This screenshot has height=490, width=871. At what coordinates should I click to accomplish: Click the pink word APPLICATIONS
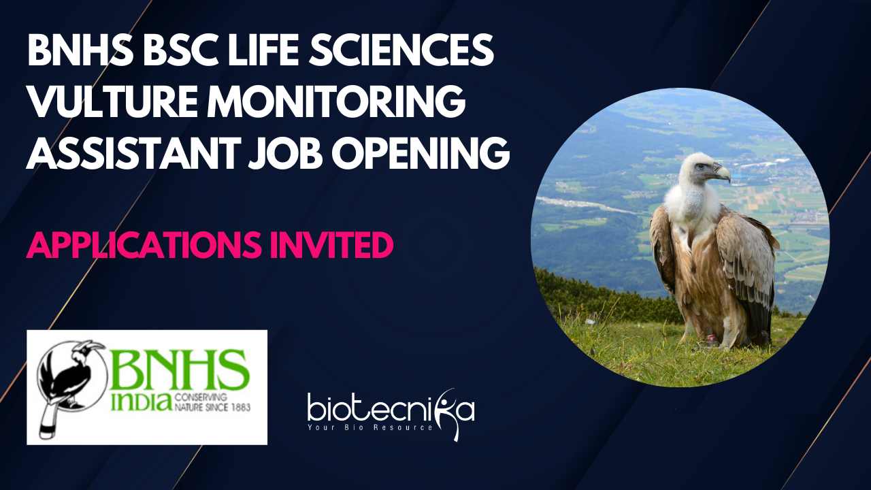point(144,245)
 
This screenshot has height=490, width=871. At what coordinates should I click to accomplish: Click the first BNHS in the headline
point(80,50)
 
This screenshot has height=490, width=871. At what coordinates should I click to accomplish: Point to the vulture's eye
point(700,167)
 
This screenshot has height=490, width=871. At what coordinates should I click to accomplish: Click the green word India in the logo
point(142,402)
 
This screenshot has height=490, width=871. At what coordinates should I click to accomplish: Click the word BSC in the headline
point(180,50)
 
